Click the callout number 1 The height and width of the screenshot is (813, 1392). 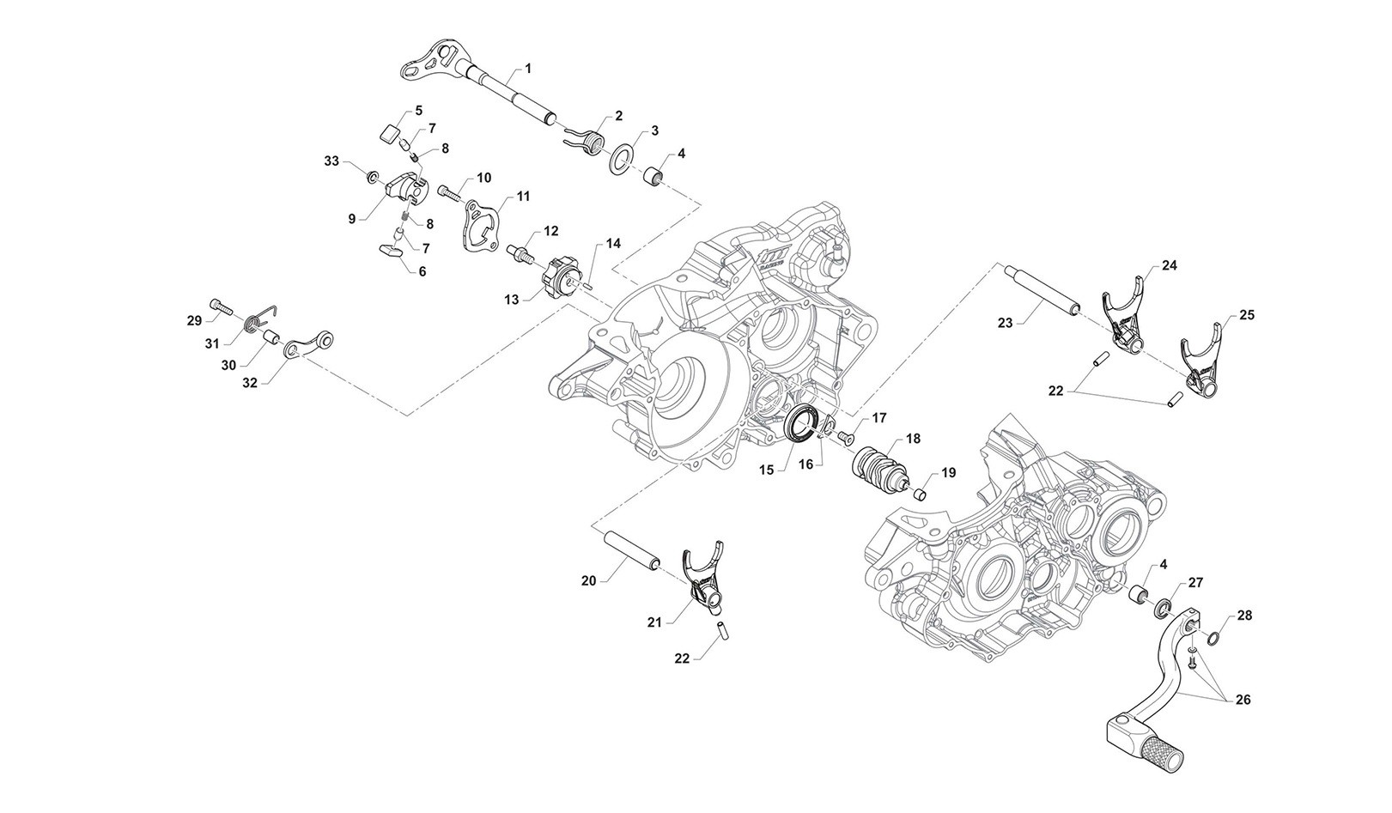click(x=528, y=67)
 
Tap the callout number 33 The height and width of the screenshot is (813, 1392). click(x=331, y=161)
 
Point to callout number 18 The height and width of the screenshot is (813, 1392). click(x=912, y=439)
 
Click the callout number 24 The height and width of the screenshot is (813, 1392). click(x=1170, y=266)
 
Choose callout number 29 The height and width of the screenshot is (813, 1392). click(x=194, y=320)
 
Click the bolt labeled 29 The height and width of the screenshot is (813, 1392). click(x=222, y=305)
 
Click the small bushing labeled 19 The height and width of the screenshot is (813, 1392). click(x=918, y=494)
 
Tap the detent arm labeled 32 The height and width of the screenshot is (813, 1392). click(x=307, y=345)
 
